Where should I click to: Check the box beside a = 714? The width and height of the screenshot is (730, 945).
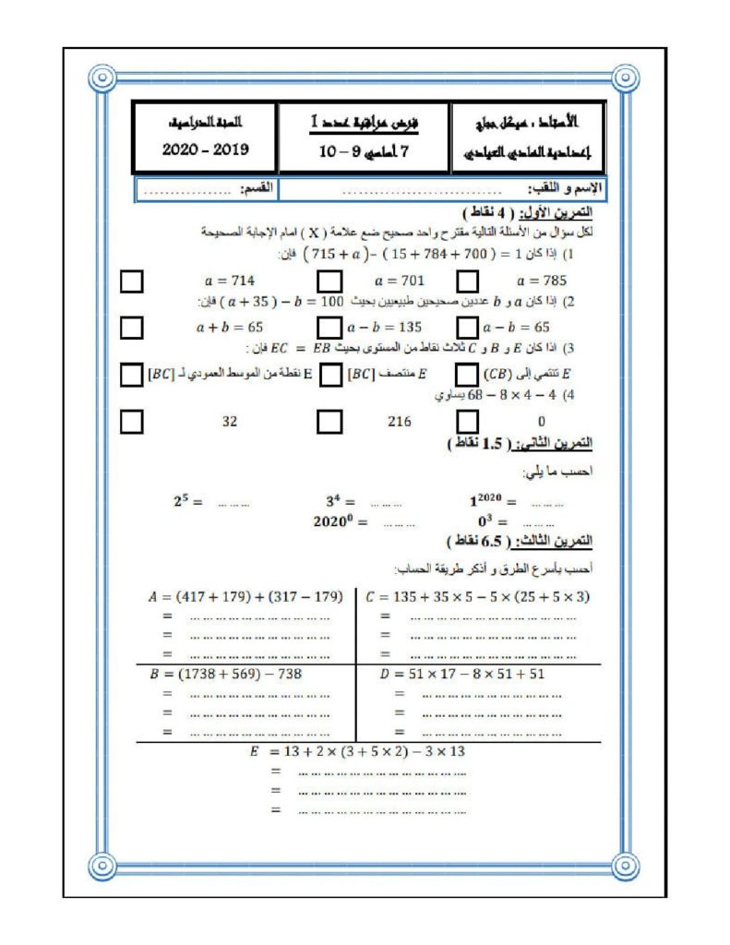133,280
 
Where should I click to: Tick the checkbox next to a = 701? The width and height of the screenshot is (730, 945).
329,280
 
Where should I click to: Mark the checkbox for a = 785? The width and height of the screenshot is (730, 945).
469,280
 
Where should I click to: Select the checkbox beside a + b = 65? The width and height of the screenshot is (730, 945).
133,327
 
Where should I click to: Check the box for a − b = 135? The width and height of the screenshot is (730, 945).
329,327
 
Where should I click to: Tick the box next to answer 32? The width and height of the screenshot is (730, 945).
133,421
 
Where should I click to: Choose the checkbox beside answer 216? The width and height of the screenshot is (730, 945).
329,421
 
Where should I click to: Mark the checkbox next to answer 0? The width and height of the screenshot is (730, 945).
469,421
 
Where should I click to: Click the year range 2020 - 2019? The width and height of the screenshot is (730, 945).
205,150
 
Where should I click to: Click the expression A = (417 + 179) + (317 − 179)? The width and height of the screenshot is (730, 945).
245,596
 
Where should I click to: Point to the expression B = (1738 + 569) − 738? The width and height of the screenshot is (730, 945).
226,674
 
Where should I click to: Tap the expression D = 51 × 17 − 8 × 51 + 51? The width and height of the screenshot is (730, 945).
462,674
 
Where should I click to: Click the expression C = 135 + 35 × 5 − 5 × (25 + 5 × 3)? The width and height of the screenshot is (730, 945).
477,596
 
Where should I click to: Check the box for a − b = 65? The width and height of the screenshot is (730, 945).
469,327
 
